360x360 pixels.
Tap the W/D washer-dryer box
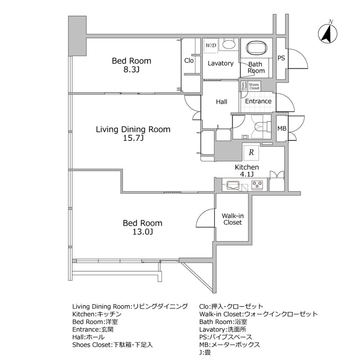[x=211, y=45]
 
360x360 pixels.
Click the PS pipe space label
[x=281, y=58]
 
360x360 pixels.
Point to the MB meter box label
[x=282, y=129]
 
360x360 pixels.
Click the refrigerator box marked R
[x=251, y=153]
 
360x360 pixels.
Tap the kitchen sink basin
[x=234, y=184]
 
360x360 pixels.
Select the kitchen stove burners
[x=257, y=184]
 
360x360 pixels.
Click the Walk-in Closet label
[x=232, y=219]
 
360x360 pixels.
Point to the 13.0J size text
[x=143, y=232]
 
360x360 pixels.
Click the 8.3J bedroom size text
[x=131, y=70]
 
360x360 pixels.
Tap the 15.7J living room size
[x=133, y=139]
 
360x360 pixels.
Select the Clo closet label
[x=189, y=60]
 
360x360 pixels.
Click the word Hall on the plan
[x=221, y=102]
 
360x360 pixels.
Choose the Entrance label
[x=258, y=101]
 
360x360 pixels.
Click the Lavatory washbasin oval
[x=229, y=45]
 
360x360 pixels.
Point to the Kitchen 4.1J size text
[x=247, y=175]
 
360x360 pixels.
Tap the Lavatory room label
[x=220, y=63]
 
